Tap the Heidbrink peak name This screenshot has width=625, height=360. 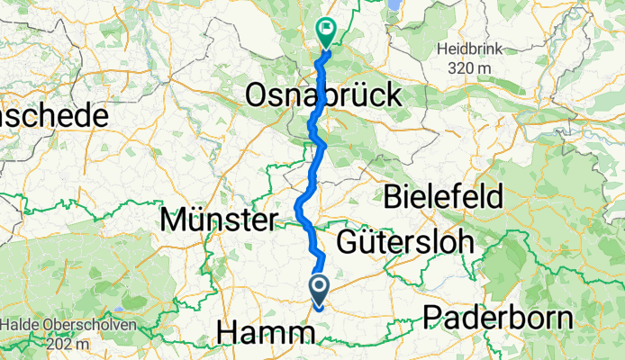[466, 49]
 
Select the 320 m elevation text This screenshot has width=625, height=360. [466, 67]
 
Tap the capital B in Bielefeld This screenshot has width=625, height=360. [394, 195]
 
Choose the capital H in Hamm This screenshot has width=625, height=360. [228, 335]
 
